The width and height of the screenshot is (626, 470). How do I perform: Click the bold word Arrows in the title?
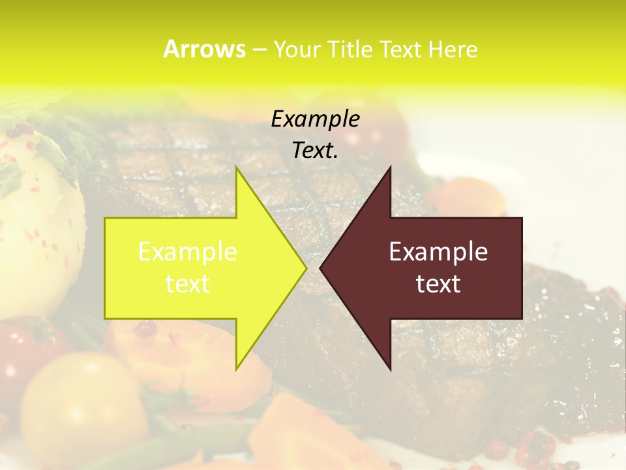[x=204, y=49]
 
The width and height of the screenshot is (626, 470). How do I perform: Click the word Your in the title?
[x=296, y=50]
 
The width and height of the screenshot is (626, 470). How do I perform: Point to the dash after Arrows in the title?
[x=259, y=50]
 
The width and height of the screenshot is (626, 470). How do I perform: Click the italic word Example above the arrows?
[x=315, y=119]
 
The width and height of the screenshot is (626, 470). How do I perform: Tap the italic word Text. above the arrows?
[x=315, y=151]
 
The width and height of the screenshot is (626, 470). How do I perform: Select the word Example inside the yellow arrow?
[x=188, y=251]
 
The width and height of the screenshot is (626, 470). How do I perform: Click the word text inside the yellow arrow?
[x=188, y=284]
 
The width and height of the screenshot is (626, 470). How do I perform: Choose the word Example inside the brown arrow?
[x=438, y=251]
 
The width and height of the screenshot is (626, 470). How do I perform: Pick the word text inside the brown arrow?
[x=438, y=284]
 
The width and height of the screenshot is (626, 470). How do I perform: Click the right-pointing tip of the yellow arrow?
[x=305, y=268]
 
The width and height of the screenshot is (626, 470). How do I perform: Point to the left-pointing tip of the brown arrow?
[x=321, y=268]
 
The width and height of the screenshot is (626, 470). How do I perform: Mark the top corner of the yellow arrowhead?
[x=236, y=168]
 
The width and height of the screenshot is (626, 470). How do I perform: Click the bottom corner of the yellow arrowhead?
[x=236, y=369]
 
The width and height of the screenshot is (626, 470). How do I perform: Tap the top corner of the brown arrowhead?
[x=390, y=168]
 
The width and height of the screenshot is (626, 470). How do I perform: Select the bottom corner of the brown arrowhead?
[x=390, y=369]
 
